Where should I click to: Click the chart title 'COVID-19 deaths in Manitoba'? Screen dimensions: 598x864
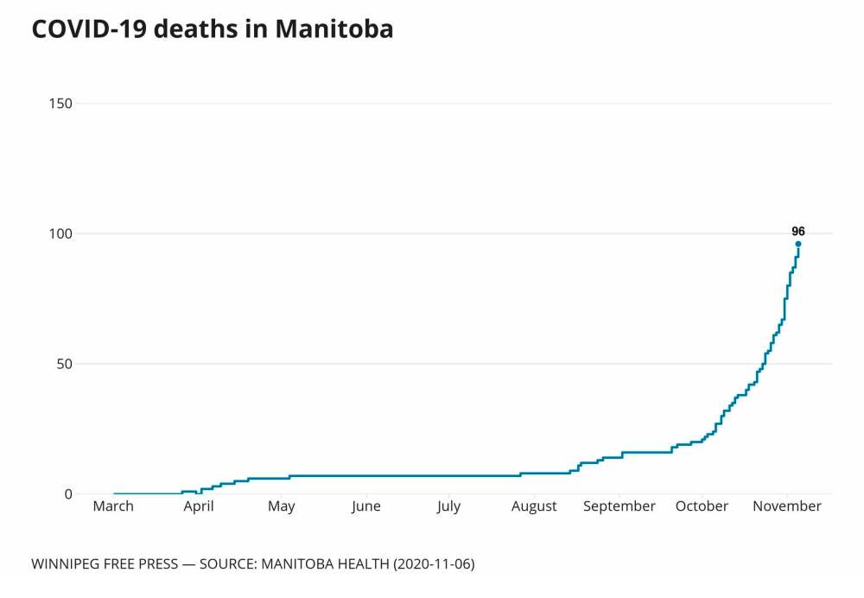click(x=213, y=29)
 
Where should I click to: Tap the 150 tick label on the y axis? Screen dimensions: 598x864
click(x=60, y=104)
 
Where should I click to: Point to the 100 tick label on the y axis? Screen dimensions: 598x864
click(x=60, y=234)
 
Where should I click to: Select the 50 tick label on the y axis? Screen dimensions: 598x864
click(x=63, y=364)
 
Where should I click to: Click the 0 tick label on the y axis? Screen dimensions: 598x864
click(x=67, y=494)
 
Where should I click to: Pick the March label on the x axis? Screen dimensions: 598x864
click(x=113, y=506)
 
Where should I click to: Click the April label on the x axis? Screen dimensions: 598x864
click(x=198, y=506)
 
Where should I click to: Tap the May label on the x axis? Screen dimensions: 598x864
click(x=281, y=506)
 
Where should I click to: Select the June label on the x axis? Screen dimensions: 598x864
click(x=365, y=506)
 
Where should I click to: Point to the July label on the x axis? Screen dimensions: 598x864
click(x=448, y=506)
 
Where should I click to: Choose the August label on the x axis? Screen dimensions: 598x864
click(x=534, y=506)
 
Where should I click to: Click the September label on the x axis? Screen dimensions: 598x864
click(x=619, y=506)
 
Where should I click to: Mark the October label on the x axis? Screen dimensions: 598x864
click(x=702, y=506)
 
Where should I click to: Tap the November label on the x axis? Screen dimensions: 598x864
click(x=786, y=506)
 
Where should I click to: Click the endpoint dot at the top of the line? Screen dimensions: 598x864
click(x=798, y=244)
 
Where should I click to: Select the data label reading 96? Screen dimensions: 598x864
click(x=798, y=231)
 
